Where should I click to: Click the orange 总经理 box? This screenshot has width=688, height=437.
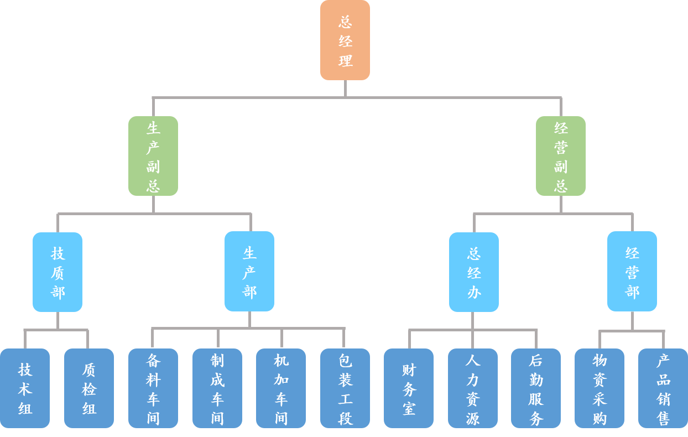pyautogui.click(x=345, y=40)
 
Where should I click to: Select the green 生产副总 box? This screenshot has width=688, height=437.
pyautogui.click(x=153, y=156)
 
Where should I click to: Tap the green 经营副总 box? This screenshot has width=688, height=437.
pyautogui.click(x=560, y=156)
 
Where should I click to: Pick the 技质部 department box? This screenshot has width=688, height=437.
pyautogui.click(x=58, y=272)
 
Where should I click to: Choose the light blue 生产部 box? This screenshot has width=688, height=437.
pyautogui.click(x=249, y=272)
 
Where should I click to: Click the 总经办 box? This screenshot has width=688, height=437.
pyautogui.click(x=473, y=272)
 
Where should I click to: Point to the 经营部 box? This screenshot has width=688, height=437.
pyautogui.click(x=632, y=272)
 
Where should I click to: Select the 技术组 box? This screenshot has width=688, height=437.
pyautogui.click(x=25, y=388)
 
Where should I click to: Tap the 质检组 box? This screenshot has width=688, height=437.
pyautogui.click(x=89, y=388)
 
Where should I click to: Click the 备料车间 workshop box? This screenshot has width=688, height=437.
pyautogui.click(x=153, y=388)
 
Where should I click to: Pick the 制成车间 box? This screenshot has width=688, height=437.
pyautogui.click(x=217, y=388)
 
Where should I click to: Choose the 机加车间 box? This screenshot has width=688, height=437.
pyautogui.click(x=281, y=388)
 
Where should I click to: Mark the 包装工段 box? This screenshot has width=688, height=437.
pyautogui.click(x=345, y=388)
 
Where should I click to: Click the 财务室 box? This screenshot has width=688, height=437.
pyautogui.click(x=409, y=388)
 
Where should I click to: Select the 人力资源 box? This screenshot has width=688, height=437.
pyautogui.click(x=473, y=388)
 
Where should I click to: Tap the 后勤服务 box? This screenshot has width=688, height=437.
pyautogui.click(x=536, y=388)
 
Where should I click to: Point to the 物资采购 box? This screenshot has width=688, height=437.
pyautogui.click(x=600, y=388)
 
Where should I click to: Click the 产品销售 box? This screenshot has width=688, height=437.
pyautogui.click(x=663, y=388)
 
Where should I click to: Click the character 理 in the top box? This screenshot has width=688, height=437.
pyautogui.click(x=345, y=60)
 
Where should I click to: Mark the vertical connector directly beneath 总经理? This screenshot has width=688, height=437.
pyautogui.click(x=345, y=89)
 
